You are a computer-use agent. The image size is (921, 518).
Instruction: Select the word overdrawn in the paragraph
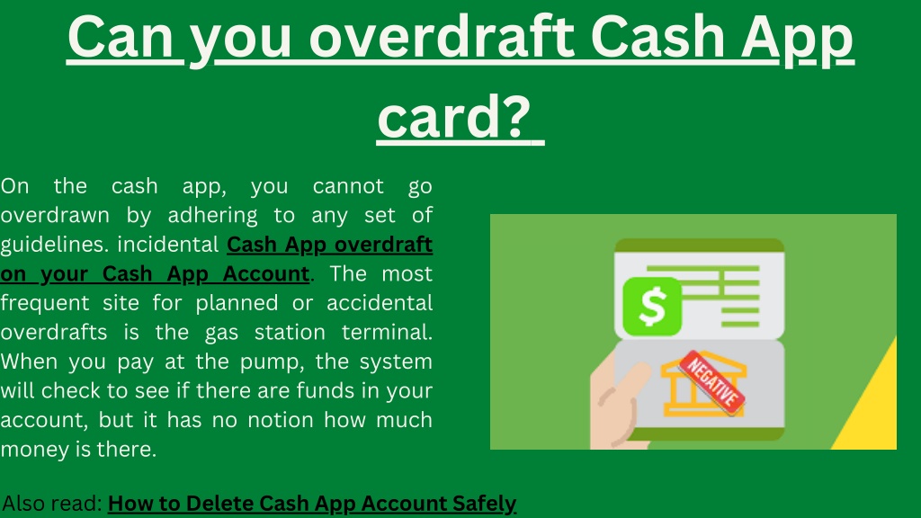click(x=55, y=216)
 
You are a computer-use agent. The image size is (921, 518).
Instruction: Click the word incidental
click(x=168, y=245)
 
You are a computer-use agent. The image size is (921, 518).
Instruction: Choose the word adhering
click(x=212, y=216)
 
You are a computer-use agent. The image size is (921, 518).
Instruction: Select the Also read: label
click(x=52, y=504)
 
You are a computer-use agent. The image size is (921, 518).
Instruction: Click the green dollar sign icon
click(x=652, y=307)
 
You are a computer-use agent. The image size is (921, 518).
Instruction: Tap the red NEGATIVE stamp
click(x=712, y=382)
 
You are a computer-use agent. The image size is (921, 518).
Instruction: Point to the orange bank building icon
click(x=702, y=385)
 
